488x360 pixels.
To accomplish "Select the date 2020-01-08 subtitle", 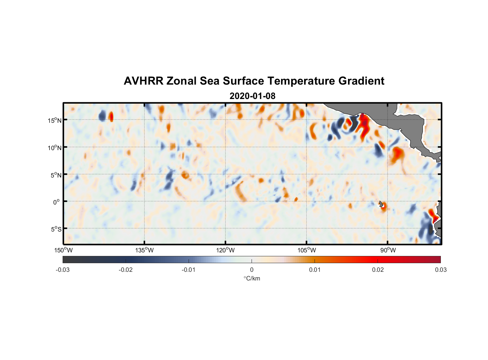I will (x=252, y=96).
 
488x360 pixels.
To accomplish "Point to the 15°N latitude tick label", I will (x=55, y=120).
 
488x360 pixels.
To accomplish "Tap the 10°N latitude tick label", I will (x=55, y=148).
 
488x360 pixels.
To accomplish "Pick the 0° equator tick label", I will (x=57, y=202).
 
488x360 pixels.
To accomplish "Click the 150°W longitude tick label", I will (x=63, y=250).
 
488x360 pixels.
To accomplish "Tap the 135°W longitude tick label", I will (x=144, y=250).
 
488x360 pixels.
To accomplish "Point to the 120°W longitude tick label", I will (x=225, y=250).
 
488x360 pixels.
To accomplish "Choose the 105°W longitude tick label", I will (x=307, y=250).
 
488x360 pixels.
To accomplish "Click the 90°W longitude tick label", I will (x=388, y=250).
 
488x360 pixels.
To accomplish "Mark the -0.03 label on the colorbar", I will (x=63, y=270).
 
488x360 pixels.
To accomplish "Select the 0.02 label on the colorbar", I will (x=378, y=270).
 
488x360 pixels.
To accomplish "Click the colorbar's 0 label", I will (x=252, y=270).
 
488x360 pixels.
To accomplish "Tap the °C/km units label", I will (x=252, y=278).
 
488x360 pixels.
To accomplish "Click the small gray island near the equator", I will (x=381, y=204).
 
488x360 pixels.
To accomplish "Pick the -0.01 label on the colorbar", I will (x=189, y=270).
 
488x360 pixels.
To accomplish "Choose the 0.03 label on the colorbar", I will (x=440, y=270).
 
